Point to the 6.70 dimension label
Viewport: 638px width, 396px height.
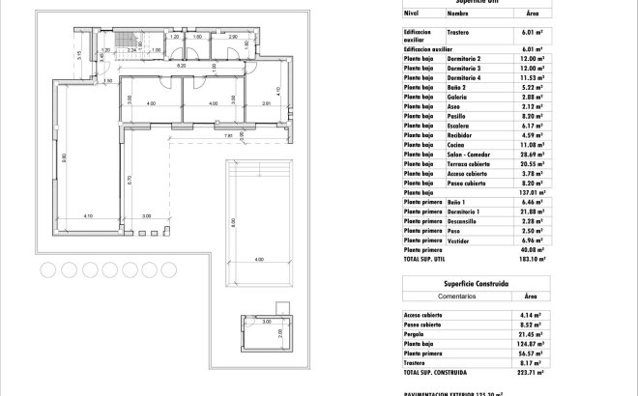pyautogui.click(x=130, y=178)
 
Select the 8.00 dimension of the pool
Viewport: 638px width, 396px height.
pyautogui.click(x=233, y=222)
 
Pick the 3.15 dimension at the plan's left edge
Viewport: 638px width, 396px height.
pyautogui.click(x=78, y=55)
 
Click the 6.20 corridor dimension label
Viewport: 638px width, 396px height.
pyautogui.click(x=181, y=66)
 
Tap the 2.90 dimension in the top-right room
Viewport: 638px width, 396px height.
pyautogui.click(x=233, y=36)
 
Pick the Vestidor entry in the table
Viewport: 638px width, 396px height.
pyautogui.click(x=458, y=240)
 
